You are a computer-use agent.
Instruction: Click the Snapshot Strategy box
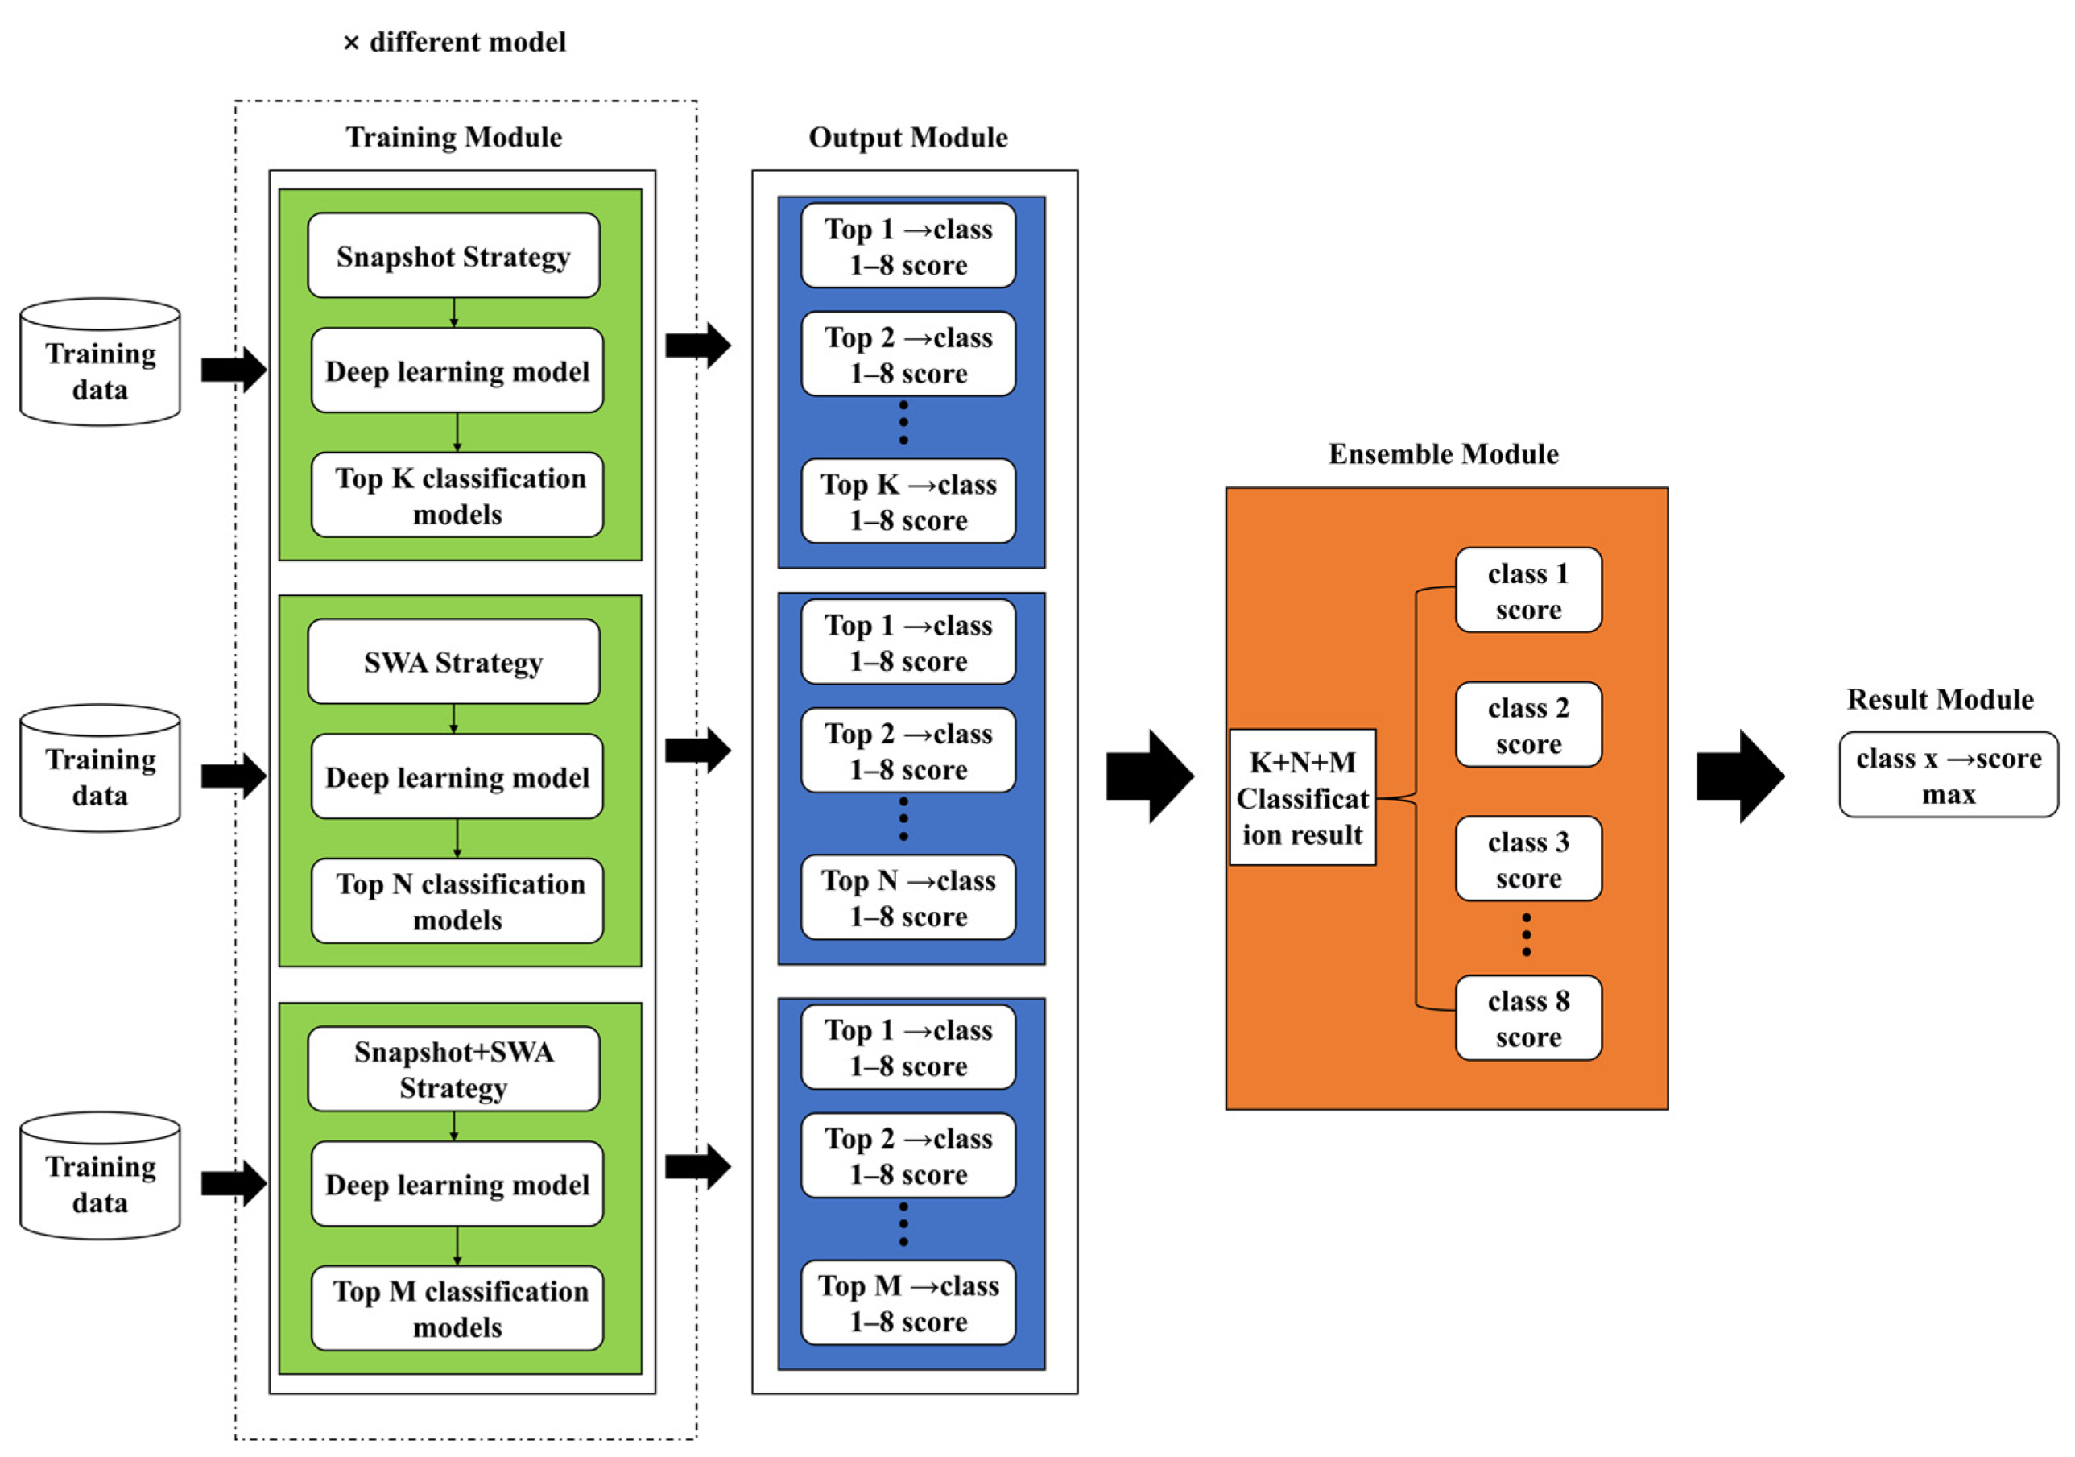pyautogui.click(x=453, y=256)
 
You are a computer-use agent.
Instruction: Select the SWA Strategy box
pyautogui.click(x=453, y=661)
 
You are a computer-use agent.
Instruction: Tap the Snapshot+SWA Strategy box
pyautogui.click(x=453, y=1070)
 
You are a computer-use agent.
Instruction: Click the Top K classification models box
pyautogui.click(x=457, y=495)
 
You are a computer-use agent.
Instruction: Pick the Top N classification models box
pyautogui.click(x=457, y=901)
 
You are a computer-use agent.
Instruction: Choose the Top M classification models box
pyautogui.click(x=457, y=1308)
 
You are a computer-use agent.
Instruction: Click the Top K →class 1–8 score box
pyautogui.click(x=908, y=502)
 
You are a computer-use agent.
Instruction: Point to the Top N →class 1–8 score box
pyautogui.click(x=908, y=897)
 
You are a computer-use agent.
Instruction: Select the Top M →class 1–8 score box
pyautogui.click(x=908, y=1302)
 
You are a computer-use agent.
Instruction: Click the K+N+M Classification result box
pyautogui.click(x=1302, y=798)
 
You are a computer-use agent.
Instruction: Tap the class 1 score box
pyautogui.click(x=1528, y=590)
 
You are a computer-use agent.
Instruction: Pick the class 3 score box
pyautogui.click(x=1528, y=859)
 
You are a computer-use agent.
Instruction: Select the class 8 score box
pyautogui.click(x=1528, y=1018)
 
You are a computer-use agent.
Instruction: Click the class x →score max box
pyautogui.click(x=1949, y=776)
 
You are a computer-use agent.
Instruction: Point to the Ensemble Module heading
pyautogui.click(x=1443, y=453)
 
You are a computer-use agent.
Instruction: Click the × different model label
pyautogui.click(x=455, y=43)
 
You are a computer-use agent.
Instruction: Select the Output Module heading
pyautogui.click(x=908, y=138)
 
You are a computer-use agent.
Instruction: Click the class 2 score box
pyautogui.click(x=1528, y=725)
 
